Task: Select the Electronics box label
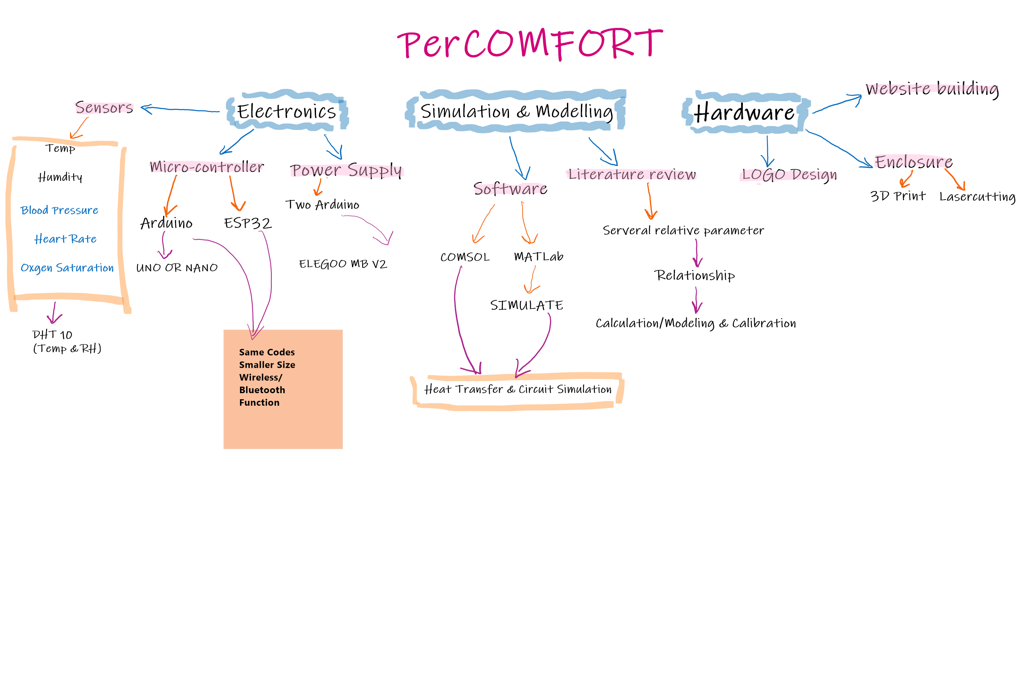[286, 111]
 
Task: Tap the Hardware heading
[744, 112]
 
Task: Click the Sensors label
[104, 107]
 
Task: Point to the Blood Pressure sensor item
[59, 210]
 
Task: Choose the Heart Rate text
[65, 239]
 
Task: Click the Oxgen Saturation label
[67, 268]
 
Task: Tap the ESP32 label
[248, 223]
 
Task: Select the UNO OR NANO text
[177, 268]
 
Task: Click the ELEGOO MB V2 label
[343, 264]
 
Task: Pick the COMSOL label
[465, 257]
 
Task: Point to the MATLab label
[538, 257]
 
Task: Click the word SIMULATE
[527, 305]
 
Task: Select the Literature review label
[632, 174]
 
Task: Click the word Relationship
[695, 275]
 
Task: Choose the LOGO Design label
[789, 175]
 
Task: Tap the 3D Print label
[898, 196]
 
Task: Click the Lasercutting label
[977, 197]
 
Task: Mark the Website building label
[932, 89]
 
